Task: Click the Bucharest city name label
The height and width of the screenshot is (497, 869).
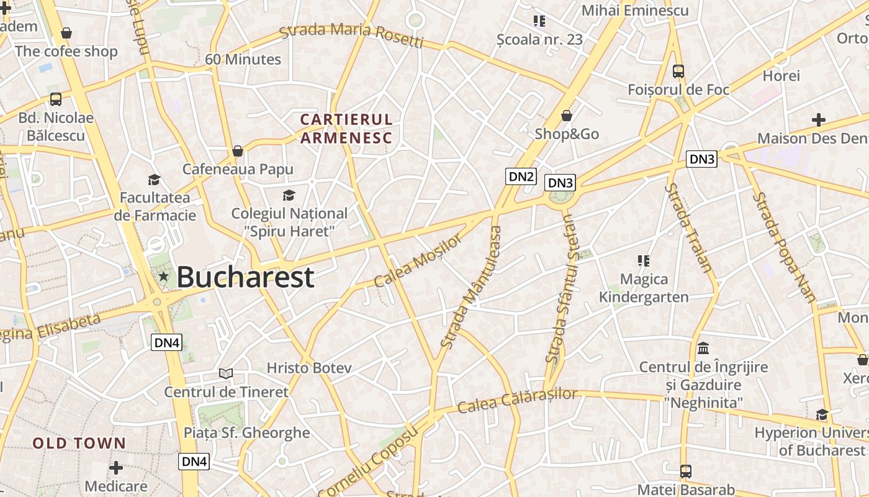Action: click(245, 277)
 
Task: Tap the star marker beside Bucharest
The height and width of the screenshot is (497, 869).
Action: click(163, 276)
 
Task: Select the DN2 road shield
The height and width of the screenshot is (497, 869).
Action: click(521, 176)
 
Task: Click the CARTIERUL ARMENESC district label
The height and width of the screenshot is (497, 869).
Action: click(346, 129)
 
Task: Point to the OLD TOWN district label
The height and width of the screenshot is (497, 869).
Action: click(79, 444)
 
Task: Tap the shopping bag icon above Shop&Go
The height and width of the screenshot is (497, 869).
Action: click(566, 116)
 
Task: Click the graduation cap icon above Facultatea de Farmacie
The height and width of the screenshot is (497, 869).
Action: click(154, 180)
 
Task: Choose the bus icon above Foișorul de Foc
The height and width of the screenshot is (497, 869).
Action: click(678, 71)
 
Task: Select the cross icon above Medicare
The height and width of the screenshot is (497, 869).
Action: click(116, 467)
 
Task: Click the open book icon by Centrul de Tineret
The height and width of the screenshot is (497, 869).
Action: click(226, 373)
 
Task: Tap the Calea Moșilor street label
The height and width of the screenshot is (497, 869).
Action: click(418, 260)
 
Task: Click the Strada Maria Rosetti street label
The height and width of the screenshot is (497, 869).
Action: click(351, 35)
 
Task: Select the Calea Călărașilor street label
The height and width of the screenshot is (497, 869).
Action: click(517, 401)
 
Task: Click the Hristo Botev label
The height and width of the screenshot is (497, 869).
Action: click(309, 368)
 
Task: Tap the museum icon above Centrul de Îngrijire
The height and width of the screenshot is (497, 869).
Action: click(703, 348)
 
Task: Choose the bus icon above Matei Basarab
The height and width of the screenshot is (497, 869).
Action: click(685, 471)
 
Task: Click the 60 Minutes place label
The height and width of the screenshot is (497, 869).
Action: click(243, 60)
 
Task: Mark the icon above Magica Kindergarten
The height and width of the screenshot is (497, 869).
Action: click(644, 261)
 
